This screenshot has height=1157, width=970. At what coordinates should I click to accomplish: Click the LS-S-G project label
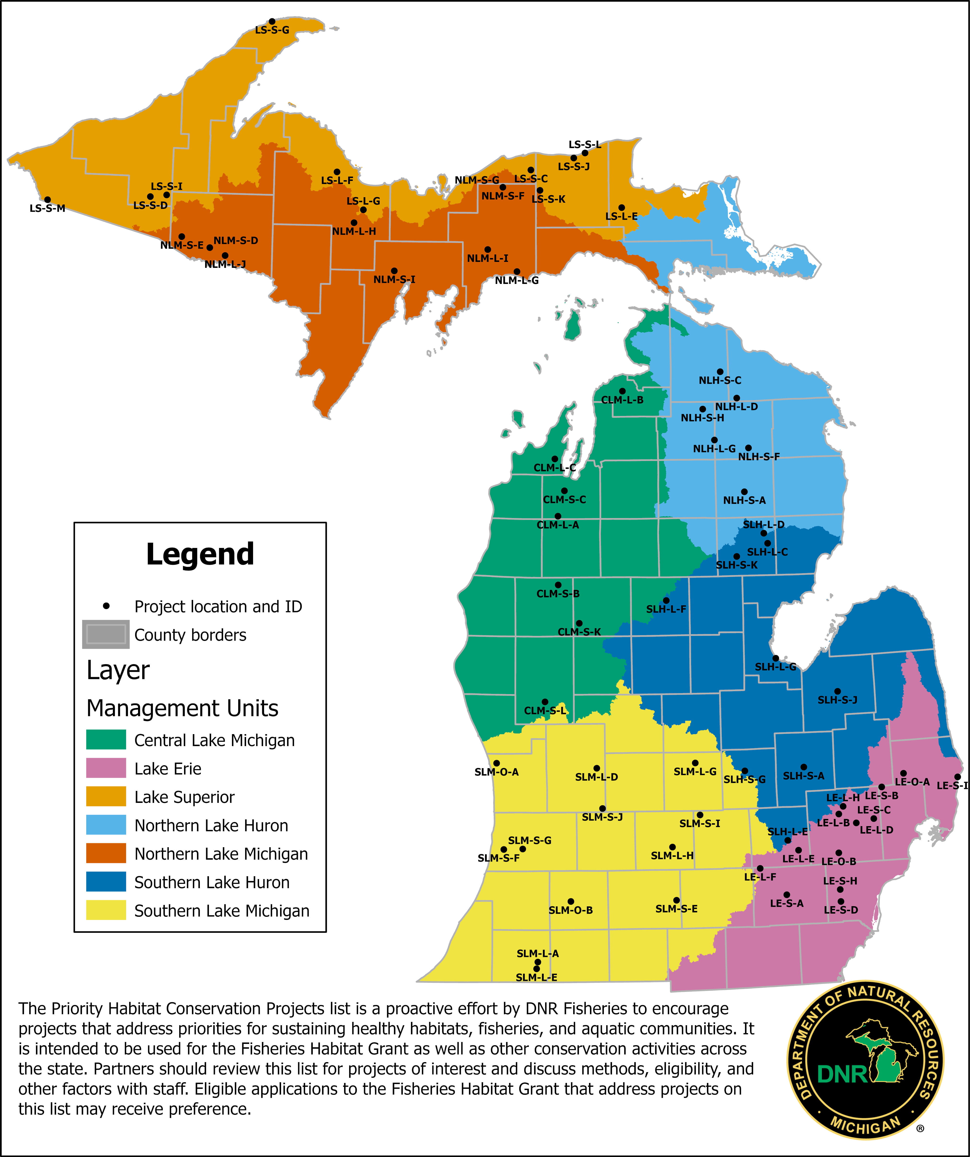[272, 30]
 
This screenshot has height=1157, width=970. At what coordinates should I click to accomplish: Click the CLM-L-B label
[622, 400]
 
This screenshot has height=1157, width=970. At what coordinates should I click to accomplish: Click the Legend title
[200, 554]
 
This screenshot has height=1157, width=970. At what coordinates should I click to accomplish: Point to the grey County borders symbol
[106, 634]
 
